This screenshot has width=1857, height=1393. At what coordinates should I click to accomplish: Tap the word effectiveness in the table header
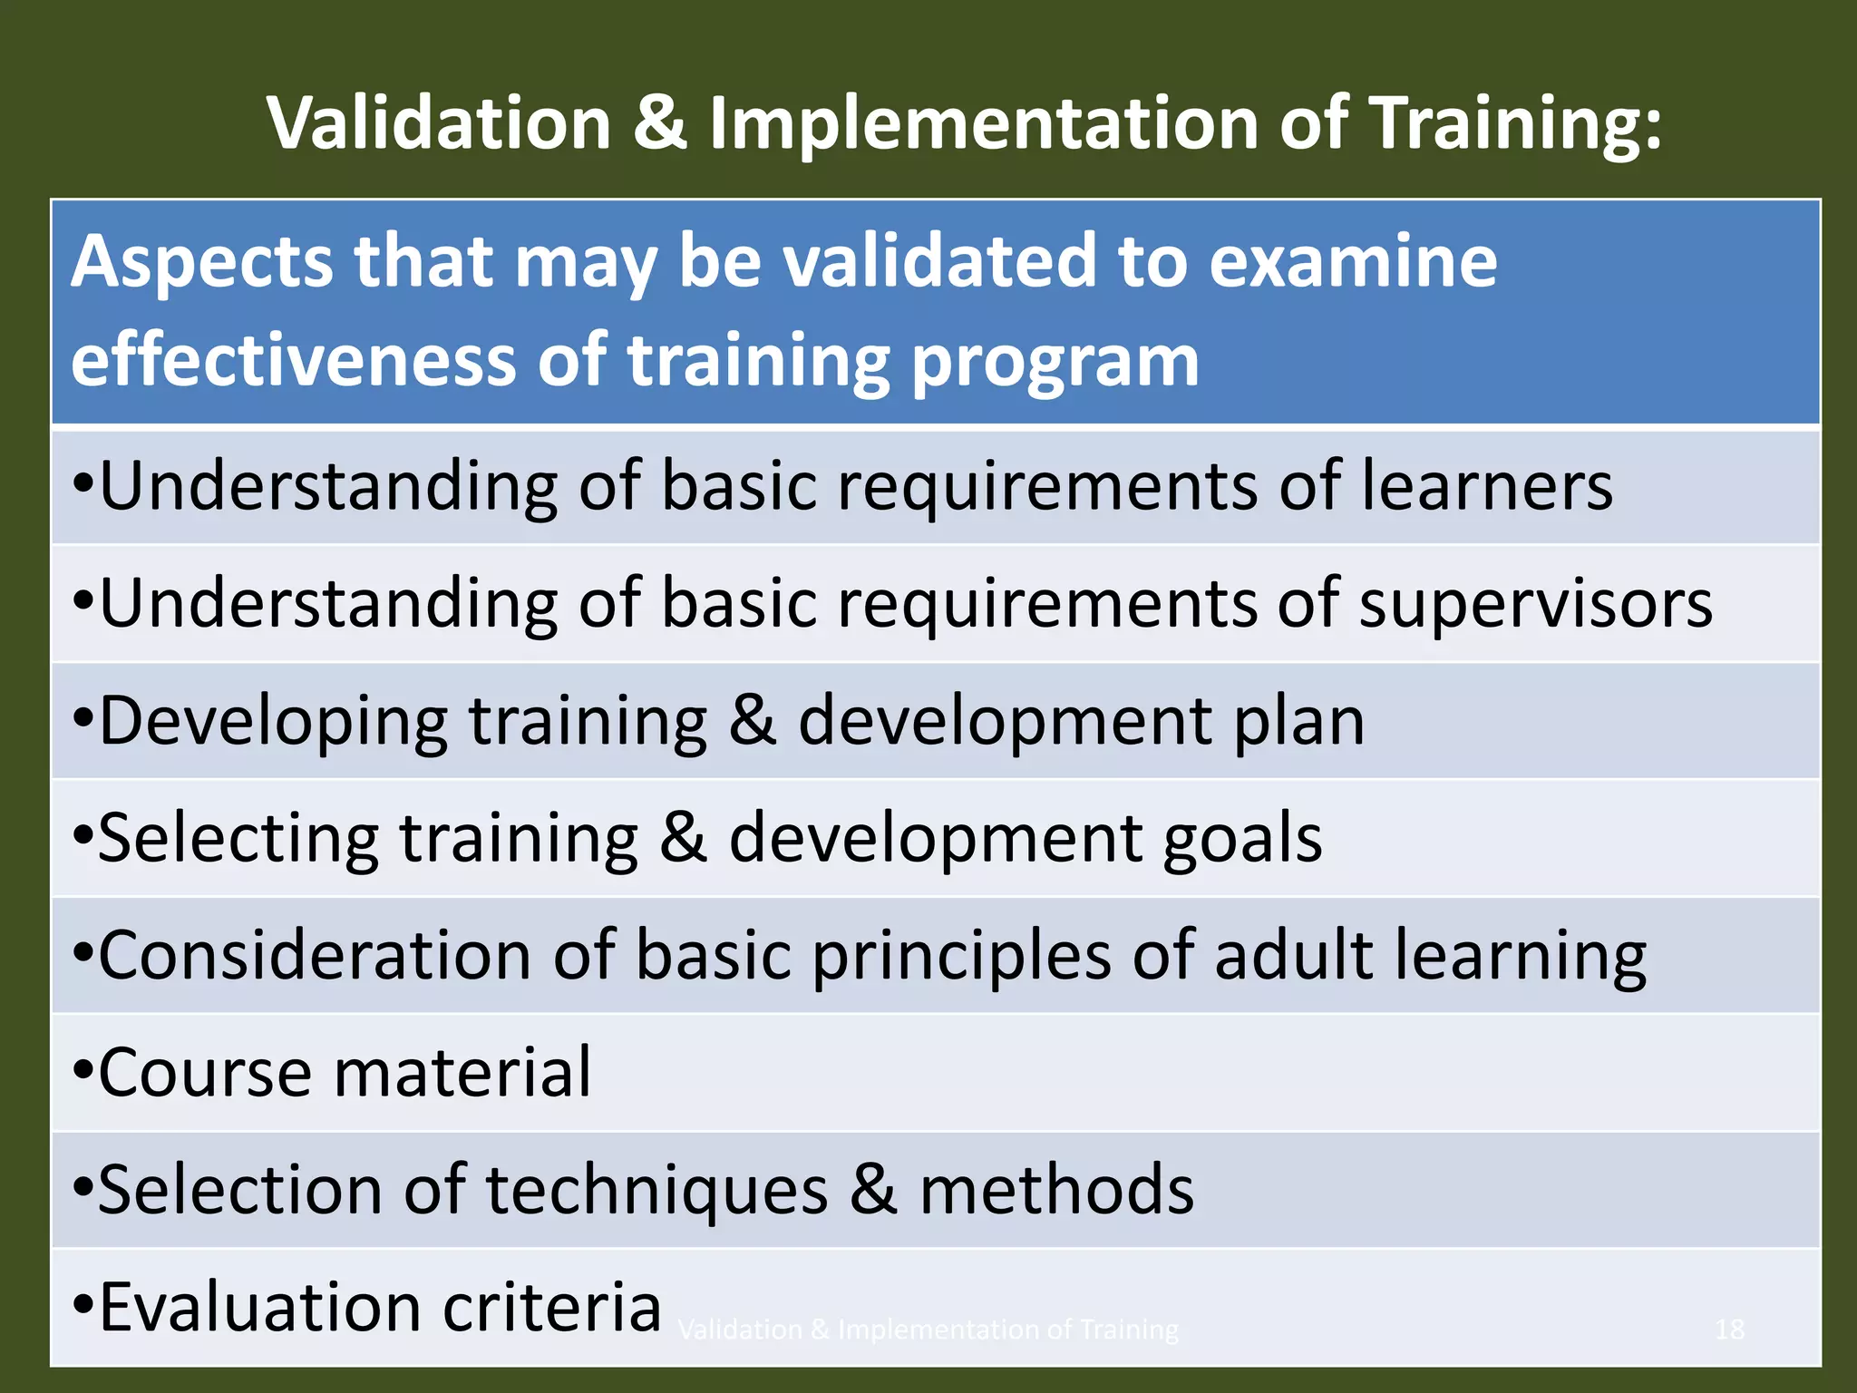(293, 361)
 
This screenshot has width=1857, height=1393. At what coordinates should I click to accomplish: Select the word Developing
(273, 722)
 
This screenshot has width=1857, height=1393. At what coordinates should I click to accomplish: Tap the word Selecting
(238, 838)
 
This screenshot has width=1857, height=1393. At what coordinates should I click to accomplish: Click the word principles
(961, 956)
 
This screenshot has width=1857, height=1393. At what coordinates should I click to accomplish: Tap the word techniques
(657, 1190)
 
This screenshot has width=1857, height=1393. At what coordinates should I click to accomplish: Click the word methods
(1056, 1190)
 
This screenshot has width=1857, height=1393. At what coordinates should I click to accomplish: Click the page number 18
(1729, 1330)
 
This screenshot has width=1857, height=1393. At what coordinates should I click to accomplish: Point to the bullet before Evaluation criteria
(83, 1309)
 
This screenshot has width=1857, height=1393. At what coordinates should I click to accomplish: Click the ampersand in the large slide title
(659, 123)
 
